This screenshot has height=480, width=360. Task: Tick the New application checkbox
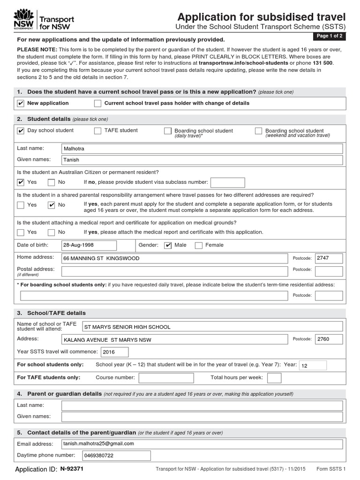click(21, 103)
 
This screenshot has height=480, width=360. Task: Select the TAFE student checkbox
click(97, 131)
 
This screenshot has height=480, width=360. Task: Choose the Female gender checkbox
click(198, 245)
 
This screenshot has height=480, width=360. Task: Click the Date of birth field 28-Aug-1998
click(89, 245)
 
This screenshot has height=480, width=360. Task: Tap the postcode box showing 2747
click(328, 258)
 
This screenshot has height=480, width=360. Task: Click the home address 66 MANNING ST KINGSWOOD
click(174, 258)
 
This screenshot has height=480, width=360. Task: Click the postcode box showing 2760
click(328, 339)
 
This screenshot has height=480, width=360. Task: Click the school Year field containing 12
click(312, 365)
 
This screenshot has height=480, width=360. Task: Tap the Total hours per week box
click(274, 378)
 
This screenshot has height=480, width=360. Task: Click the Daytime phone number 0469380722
click(116, 456)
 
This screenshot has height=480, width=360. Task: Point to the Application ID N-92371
click(72, 469)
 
